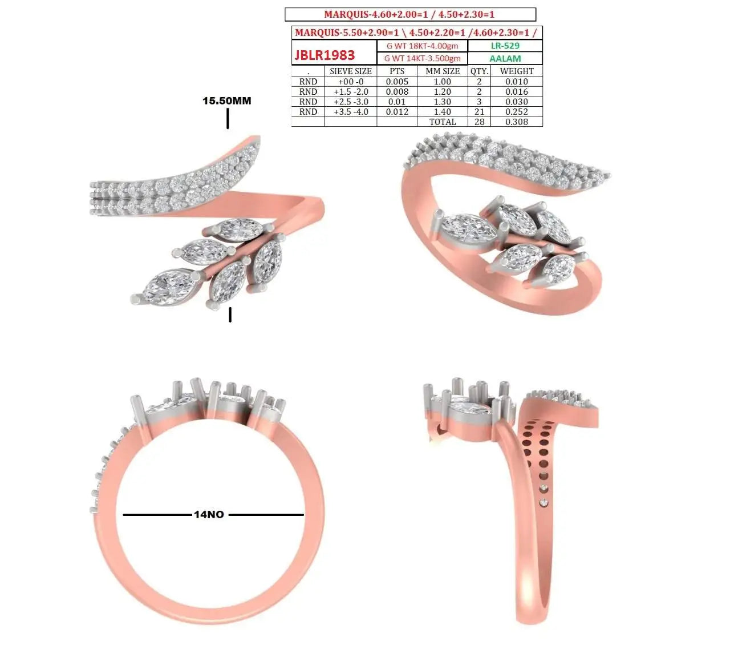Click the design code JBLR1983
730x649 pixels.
(325, 55)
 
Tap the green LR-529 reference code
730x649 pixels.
(505, 46)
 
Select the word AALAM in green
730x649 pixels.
(505, 58)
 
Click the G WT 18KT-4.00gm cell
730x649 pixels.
(422, 46)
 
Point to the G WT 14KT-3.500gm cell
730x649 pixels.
(422, 58)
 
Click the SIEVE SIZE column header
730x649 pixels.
(350, 71)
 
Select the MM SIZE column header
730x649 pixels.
(442, 71)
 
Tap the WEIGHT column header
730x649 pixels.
(516, 71)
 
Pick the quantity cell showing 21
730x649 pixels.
(479, 112)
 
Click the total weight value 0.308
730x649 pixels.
(516, 122)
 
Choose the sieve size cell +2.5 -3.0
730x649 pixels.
(351, 102)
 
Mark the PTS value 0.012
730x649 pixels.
(397, 112)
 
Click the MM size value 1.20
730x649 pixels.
(442, 92)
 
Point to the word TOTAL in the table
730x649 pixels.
(443, 122)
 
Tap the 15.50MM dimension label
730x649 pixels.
(226, 100)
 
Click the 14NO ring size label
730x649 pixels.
(209, 514)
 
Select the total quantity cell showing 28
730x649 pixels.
(479, 122)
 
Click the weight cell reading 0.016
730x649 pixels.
(516, 92)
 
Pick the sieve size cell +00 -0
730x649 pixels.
(351, 82)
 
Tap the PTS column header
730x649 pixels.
(397, 71)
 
